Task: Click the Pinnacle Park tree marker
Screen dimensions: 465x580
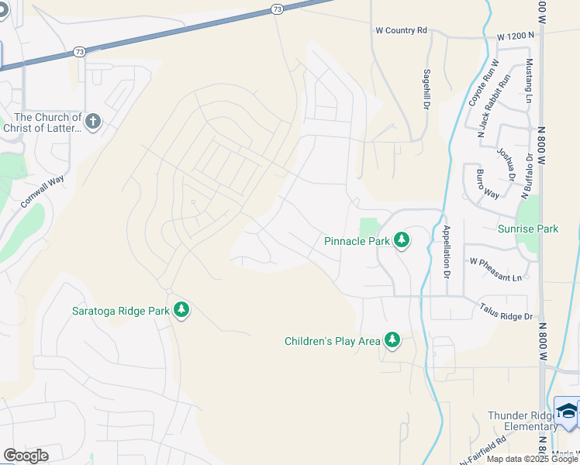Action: pyautogui.click(x=402, y=240)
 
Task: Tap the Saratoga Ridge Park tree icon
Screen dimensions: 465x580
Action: pyautogui.click(x=181, y=310)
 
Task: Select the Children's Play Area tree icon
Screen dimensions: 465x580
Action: pyautogui.click(x=392, y=340)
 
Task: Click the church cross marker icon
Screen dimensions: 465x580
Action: pyautogui.click(x=93, y=122)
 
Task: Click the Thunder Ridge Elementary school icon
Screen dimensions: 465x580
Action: pyautogui.click(x=568, y=412)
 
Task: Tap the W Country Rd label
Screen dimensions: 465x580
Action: pyautogui.click(x=401, y=30)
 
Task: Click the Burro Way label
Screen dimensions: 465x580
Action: pyautogui.click(x=487, y=184)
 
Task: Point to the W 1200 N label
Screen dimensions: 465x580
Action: pyautogui.click(x=516, y=36)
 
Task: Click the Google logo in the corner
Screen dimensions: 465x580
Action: pyautogui.click(x=26, y=456)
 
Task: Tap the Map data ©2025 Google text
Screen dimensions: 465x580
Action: pyautogui.click(x=532, y=459)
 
